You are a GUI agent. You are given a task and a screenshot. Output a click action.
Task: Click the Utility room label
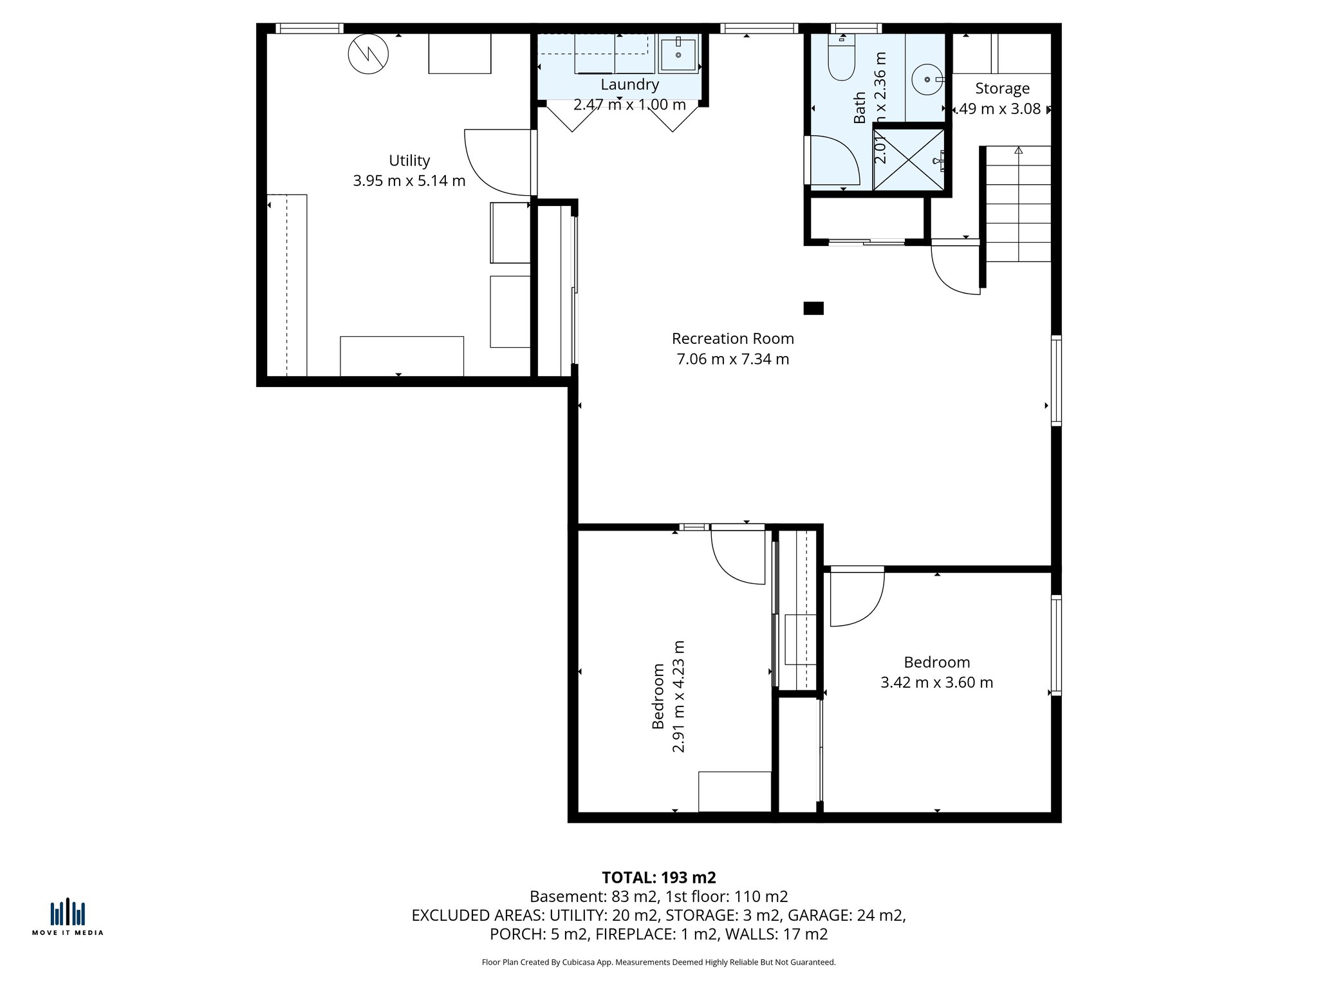click(x=409, y=160)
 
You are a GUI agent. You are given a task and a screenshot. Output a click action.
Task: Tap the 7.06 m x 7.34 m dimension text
click(x=732, y=359)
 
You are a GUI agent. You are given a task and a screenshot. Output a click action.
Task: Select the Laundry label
click(x=629, y=84)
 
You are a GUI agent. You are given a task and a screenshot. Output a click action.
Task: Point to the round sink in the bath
click(x=927, y=79)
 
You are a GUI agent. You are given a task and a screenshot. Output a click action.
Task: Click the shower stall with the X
click(x=908, y=159)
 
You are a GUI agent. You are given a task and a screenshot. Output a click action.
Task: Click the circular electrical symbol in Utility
click(x=368, y=53)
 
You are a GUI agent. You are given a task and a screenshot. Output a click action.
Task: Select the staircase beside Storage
click(x=1018, y=205)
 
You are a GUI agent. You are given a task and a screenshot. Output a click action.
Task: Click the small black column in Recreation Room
click(x=813, y=308)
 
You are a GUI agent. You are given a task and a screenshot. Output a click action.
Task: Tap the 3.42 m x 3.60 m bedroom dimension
click(x=936, y=683)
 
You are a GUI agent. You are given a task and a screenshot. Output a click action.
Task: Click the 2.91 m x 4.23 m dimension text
click(x=678, y=696)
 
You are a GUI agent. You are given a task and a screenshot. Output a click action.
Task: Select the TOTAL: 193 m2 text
click(x=658, y=878)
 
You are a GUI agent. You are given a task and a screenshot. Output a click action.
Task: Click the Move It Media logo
click(x=68, y=917)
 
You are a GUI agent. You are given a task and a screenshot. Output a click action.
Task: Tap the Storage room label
click(x=1002, y=88)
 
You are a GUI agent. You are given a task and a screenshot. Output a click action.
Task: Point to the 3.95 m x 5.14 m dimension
click(x=409, y=181)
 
